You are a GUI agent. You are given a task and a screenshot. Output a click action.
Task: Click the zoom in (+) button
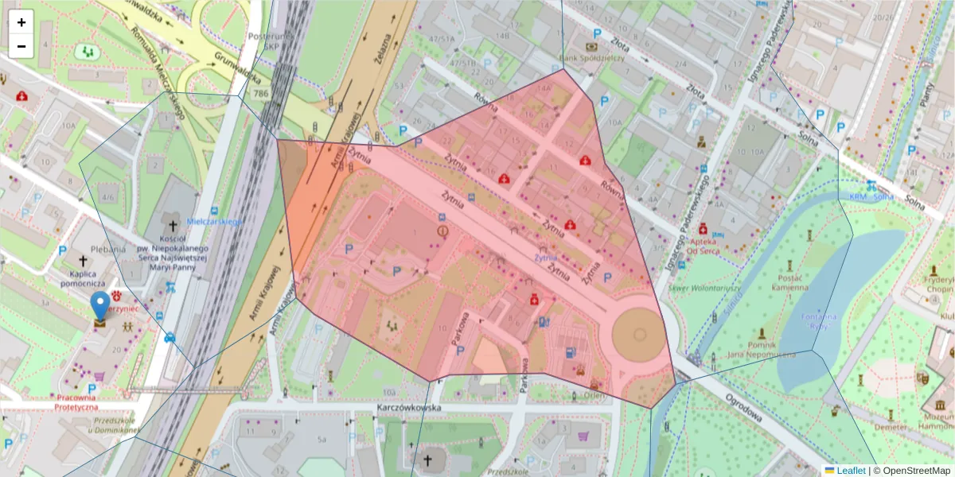(21, 22)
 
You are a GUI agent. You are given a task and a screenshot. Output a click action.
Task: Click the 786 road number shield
(260, 94)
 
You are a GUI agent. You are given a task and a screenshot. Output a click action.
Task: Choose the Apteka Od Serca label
(703, 246)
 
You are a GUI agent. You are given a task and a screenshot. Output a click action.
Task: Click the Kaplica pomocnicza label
(83, 277)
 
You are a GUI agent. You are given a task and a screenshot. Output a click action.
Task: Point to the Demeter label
(890, 427)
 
